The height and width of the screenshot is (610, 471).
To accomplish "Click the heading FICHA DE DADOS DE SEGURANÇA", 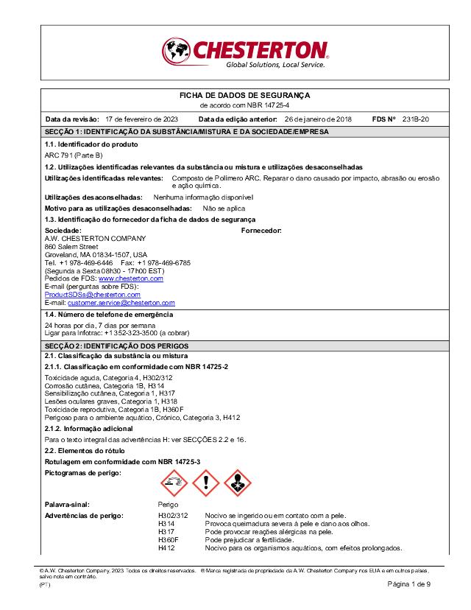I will coord(245,96).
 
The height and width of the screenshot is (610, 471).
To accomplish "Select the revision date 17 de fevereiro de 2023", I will coord(141,119).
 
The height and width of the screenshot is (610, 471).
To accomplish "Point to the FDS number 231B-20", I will coord(416,119).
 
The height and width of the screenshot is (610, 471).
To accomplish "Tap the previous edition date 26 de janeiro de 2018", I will coord(318,119).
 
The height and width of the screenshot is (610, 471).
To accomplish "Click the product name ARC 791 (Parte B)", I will coord(74,155).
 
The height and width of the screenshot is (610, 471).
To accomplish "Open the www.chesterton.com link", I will coord(131,279).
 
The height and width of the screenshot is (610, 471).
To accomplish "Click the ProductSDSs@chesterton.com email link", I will coord(92,295).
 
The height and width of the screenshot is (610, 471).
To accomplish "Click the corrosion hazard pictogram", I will coord(174,483).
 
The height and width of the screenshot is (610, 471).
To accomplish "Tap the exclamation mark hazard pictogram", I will coord(206,483).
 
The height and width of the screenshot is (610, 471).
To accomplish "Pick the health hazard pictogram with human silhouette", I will coord(238,483).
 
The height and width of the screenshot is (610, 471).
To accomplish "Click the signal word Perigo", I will coord(169,505).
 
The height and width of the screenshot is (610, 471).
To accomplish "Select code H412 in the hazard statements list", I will coord(167,548).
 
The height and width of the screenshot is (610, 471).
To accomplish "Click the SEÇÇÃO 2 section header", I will coord(117,346).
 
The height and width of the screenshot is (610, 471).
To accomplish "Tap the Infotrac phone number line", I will coord(117,332).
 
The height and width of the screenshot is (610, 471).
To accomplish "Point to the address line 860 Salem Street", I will coord(71,246).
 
